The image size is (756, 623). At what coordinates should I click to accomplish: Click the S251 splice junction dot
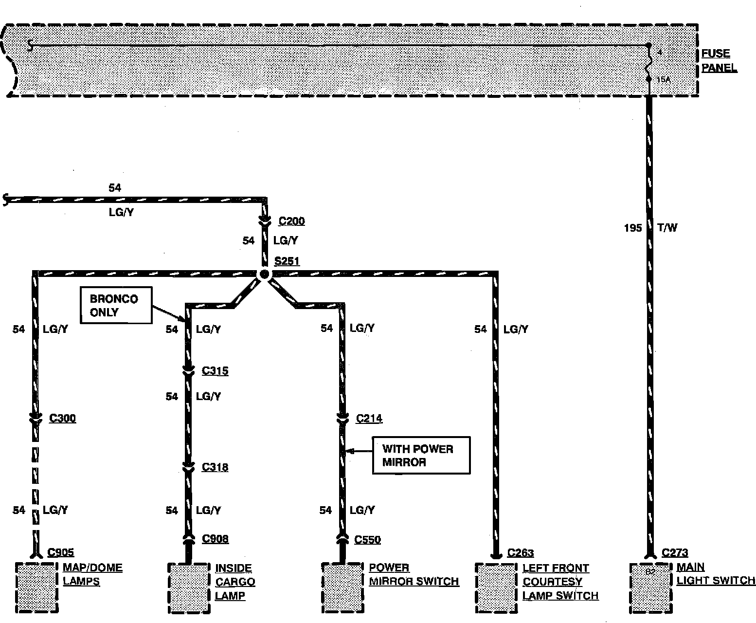pos(264,274)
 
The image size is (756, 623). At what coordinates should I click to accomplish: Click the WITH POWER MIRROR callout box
pos(421,455)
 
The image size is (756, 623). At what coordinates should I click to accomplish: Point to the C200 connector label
pos(291,221)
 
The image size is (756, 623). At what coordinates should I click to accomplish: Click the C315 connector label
pos(215,371)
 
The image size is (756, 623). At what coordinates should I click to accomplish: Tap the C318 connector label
pos(215,467)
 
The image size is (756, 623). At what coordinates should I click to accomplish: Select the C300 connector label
pos(62,418)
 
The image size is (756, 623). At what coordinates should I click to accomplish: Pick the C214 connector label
pos(369,419)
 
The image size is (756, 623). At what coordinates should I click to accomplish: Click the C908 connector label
pos(215,539)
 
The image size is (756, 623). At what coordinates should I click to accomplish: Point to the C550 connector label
pos(368,539)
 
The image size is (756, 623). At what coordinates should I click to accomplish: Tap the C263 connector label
pos(520,553)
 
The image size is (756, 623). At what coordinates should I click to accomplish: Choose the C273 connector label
pos(675,553)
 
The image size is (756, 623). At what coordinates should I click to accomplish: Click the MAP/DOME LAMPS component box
pos(37,587)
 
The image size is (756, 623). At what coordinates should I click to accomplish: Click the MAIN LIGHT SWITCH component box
pos(651,588)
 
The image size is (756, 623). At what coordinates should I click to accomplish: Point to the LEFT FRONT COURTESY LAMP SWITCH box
pos(496,588)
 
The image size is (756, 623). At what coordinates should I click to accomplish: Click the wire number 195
pos(633,228)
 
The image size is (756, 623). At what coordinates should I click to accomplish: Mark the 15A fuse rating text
pos(663,79)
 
